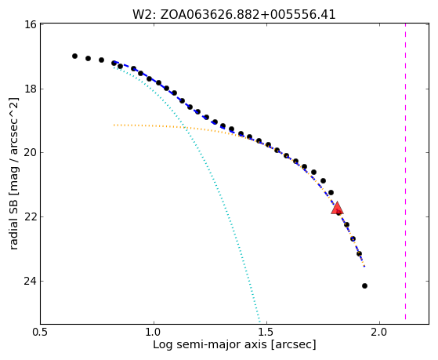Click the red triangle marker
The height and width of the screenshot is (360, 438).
(337, 208)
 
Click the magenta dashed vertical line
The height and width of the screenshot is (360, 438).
(405, 172)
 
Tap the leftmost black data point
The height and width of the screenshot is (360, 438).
(74, 56)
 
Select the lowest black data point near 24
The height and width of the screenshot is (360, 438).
(364, 285)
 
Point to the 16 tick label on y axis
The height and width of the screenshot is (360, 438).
(30, 24)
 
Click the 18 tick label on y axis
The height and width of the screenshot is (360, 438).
(30, 89)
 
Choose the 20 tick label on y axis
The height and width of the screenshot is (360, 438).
(30, 153)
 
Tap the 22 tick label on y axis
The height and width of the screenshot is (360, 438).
(30, 216)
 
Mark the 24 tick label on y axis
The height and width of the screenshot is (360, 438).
(30, 281)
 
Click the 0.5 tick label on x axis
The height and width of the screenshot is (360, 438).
(41, 332)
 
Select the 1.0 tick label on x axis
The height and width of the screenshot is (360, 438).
(154, 332)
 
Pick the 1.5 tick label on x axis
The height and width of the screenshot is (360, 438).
(266, 332)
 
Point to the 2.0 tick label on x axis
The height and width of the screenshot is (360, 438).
(379, 332)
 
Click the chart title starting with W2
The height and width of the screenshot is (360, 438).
(233, 15)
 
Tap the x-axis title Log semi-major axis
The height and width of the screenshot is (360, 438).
(234, 344)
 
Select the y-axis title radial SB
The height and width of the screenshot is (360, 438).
(14, 173)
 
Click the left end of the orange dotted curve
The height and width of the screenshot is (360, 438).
(114, 125)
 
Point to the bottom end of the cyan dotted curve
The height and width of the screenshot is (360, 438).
(260, 322)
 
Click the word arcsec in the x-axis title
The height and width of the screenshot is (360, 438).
(294, 344)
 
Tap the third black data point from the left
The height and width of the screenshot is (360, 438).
(101, 60)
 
